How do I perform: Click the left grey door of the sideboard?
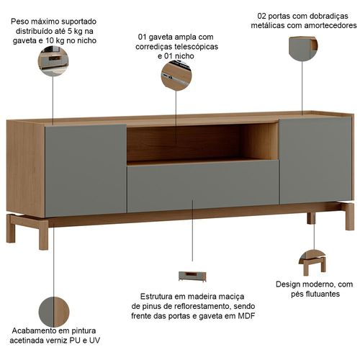click(x=86, y=171)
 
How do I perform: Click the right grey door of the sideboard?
click(x=315, y=161)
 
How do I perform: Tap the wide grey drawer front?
click(x=203, y=186)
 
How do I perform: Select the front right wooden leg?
click(x=350, y=217)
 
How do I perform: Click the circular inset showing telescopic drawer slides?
click(x=176, y=76)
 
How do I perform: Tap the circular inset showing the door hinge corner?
click(x=303, y=48)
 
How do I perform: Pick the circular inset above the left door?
click(x=53, y=61)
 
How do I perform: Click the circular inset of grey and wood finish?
click(x=54, y=312)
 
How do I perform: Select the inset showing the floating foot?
click(x=312, y=263)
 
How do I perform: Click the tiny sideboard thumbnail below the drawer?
click(x=192, y=276)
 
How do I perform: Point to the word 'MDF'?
click(x=246, y=316)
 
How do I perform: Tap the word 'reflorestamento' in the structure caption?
click(x=202, y=306)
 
